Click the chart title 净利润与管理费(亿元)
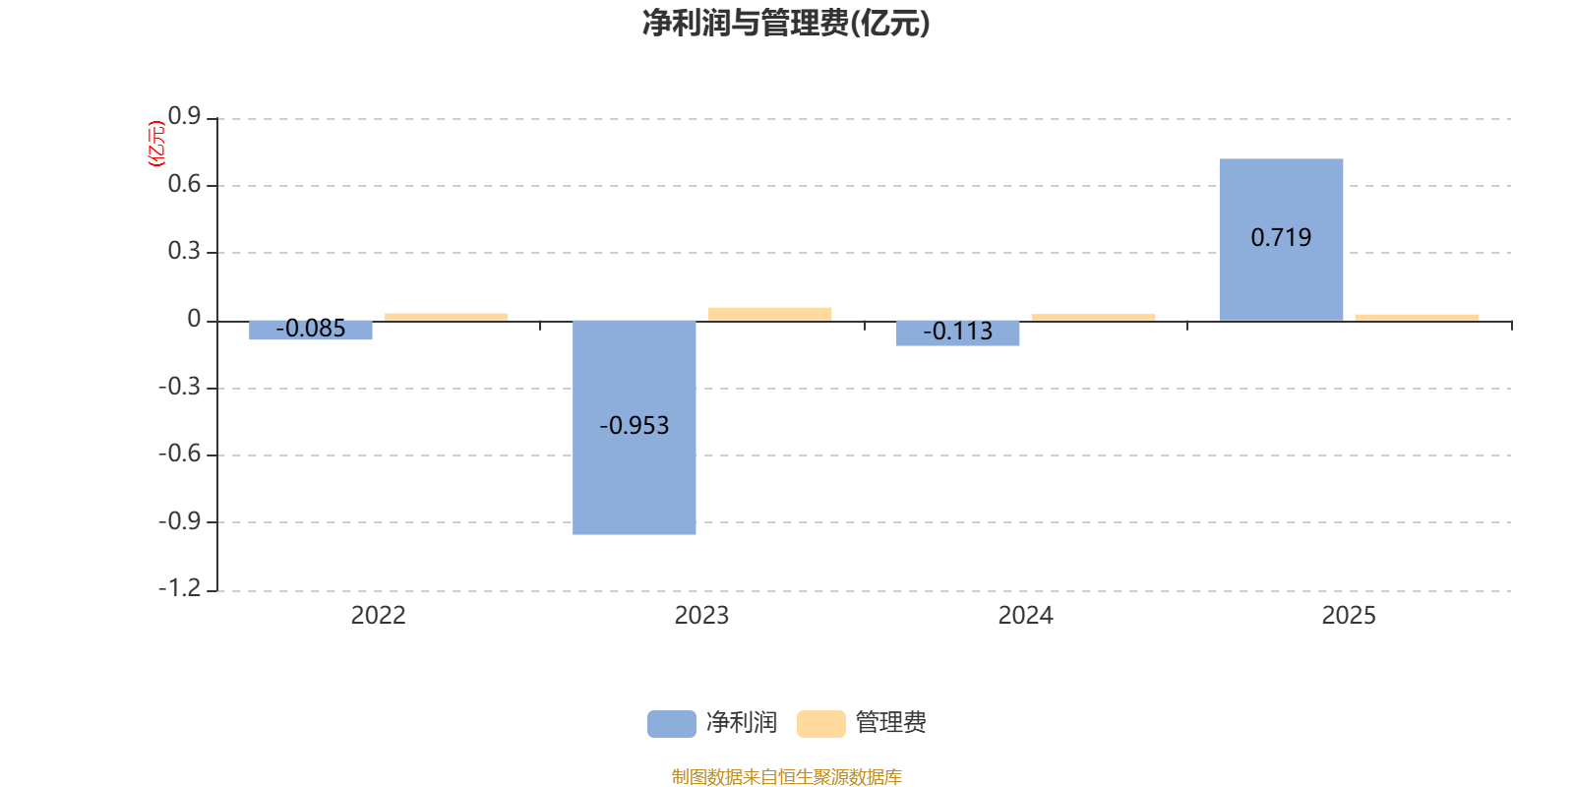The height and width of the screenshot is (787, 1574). (x=786, y=23)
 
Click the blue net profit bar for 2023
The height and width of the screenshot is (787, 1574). (x=635, y=472)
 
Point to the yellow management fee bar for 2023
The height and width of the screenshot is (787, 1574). (x=769, y=314)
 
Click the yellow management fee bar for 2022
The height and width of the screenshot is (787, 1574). (x=447, y=317)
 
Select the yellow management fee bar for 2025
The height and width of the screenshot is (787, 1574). (x=1417, y=317)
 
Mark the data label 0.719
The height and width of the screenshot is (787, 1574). (x=1281, y=237)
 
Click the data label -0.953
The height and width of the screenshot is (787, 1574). (x=635, y=426)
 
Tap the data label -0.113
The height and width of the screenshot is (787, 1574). (x=958, y=332)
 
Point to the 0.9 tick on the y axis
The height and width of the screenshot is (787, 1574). (x=184, y=117)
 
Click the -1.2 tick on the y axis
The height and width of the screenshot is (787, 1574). (x=179, y=588)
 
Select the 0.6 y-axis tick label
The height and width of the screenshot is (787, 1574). (x=184, y=184)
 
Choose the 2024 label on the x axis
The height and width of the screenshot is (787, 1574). (x=1025, y=616)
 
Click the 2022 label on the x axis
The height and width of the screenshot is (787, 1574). (x=378, y=616)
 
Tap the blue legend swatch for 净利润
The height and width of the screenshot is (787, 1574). (x=671, y=723)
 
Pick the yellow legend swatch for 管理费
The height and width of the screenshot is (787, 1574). (x=820, y=723)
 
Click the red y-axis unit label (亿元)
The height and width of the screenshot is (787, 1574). (x=155, y=144)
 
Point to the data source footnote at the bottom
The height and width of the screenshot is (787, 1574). (x=786, y=777)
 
